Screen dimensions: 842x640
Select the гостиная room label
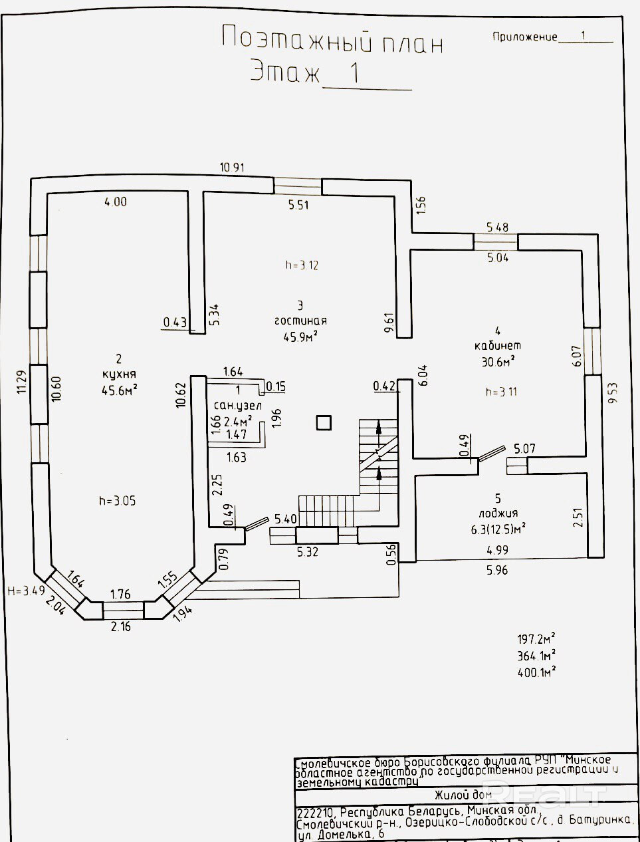point(300,321)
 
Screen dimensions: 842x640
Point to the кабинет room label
point(498,346)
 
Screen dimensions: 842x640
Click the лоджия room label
point(498,513)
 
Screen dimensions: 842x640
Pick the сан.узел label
point(238,406)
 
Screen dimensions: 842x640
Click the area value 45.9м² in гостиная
point(300,337)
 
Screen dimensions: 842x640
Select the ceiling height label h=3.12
point(302,265)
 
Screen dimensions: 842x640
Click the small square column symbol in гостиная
point(324,423)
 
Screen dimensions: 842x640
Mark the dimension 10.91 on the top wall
point(232,168)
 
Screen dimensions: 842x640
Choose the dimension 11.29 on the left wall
point(21,382)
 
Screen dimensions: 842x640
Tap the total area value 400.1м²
point(536,672)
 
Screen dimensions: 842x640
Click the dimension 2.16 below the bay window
point(121,627)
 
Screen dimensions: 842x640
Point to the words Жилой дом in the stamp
point(463,794)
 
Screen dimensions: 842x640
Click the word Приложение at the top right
point(524,37)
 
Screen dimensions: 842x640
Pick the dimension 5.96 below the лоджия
point(497,570)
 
